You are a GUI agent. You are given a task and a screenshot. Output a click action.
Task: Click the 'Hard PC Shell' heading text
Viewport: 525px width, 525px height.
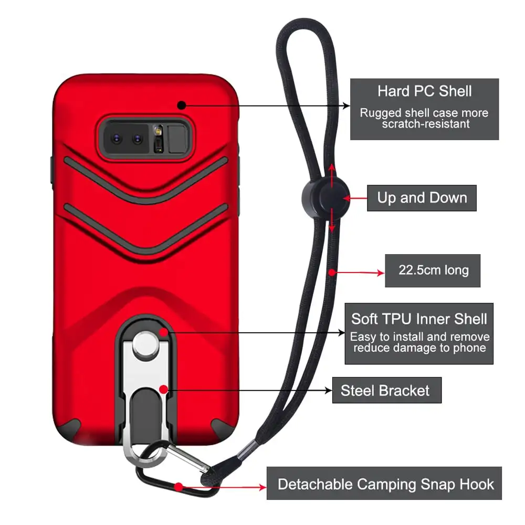[424, 91]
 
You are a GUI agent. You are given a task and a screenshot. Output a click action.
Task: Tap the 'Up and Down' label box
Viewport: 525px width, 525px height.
[422, 198]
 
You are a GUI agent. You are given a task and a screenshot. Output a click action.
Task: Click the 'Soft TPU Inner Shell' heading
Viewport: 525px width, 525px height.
[419, 319]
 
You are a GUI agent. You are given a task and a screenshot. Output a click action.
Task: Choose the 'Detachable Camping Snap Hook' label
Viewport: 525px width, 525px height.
[385, 484]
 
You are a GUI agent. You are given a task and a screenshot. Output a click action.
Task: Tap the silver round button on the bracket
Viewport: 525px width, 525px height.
[141, 344]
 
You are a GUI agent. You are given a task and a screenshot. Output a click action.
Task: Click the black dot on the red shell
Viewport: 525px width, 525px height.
[182, 105]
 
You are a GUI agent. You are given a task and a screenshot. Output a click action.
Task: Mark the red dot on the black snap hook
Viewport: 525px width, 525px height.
[179, 487]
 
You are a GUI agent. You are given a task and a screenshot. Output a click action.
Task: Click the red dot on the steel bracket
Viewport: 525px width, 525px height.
[164, 390]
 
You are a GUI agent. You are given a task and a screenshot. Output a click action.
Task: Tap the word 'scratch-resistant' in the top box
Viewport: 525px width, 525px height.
[426, 124]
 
